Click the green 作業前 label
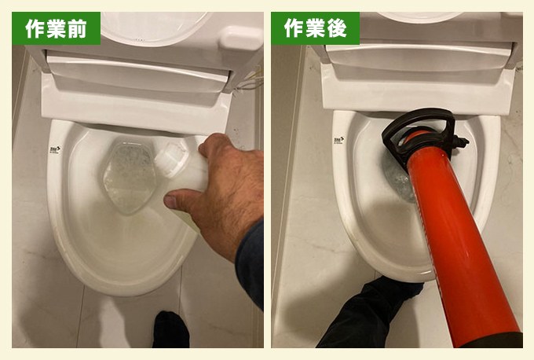tap(56, 29)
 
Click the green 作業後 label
tap(315, 29)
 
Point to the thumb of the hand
tap(210, 146)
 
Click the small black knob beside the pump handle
tap(463, 142)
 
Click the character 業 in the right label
tap(315, 29)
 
